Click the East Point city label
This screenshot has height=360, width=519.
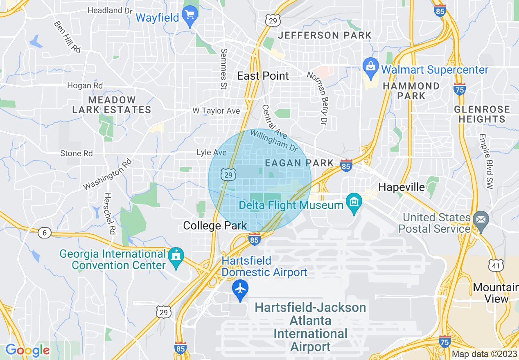263,76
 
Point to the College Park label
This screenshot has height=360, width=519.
215,225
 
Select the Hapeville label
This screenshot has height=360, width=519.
402,187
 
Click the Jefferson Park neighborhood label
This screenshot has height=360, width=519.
325,35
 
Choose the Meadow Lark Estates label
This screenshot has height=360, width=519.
112,105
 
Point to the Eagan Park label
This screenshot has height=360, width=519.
300,163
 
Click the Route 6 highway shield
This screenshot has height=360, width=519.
45,233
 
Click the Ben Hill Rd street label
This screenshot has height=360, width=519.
68,36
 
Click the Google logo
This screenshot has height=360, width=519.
27,350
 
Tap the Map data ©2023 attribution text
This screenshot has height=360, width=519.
484,354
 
